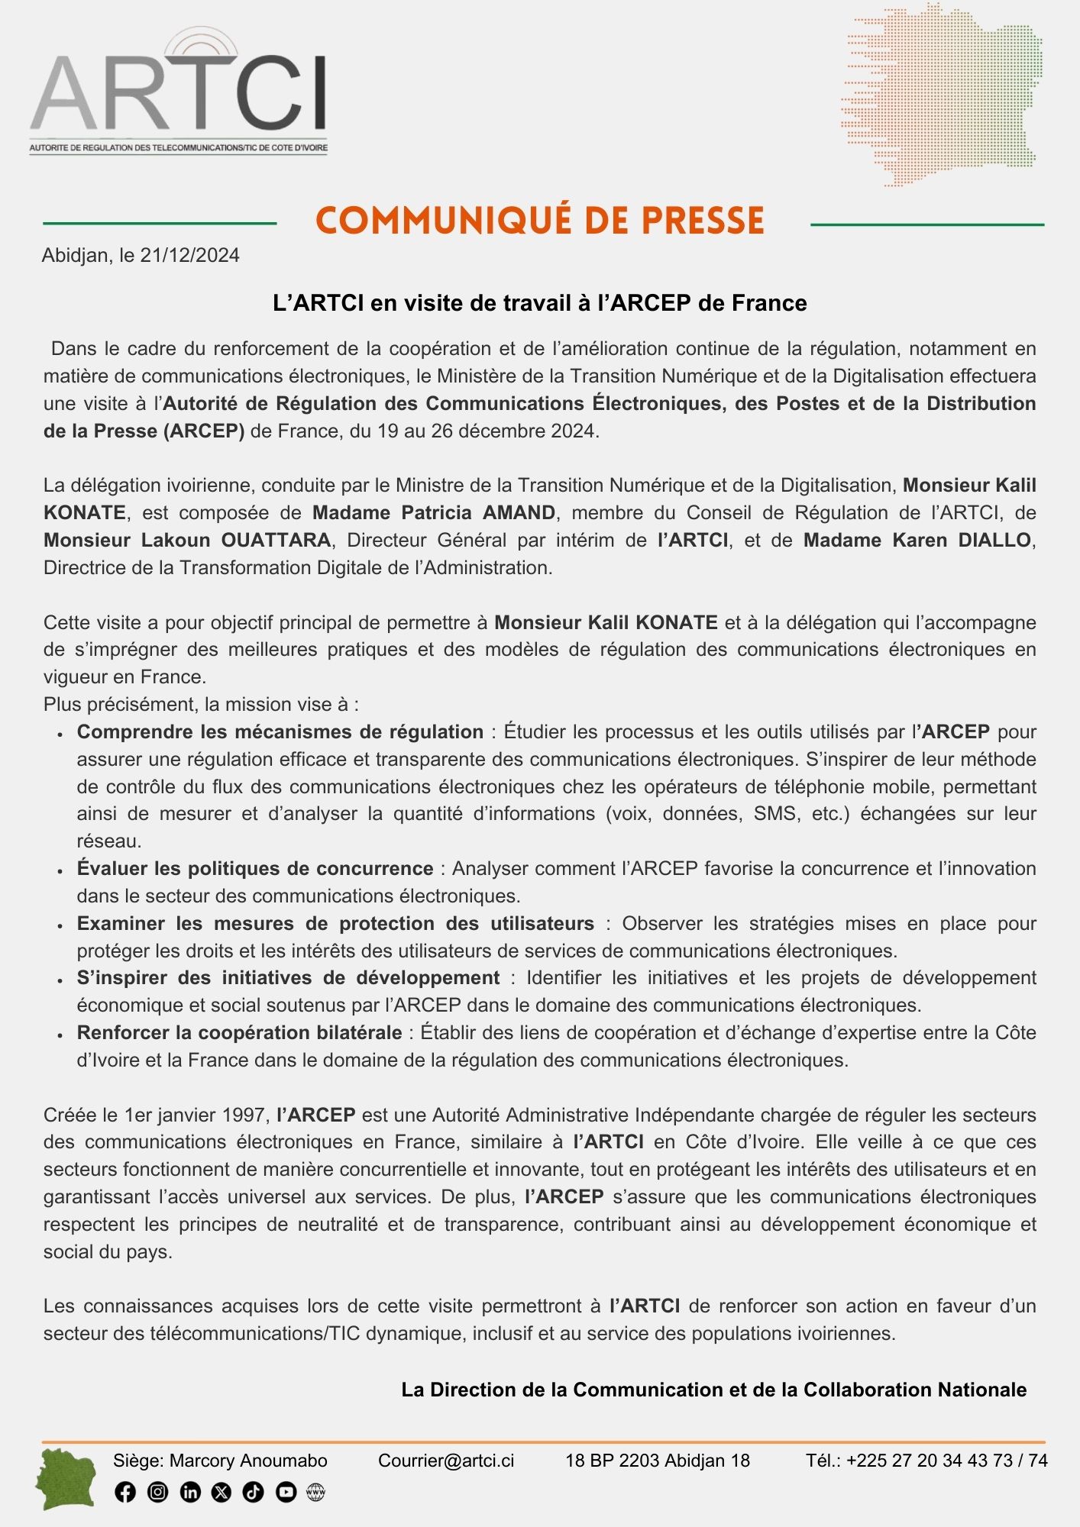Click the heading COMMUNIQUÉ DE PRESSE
click(x=540, y=221)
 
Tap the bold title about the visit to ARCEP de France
click(x=540, y=303)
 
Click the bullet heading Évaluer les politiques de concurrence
click(x=255, y=868)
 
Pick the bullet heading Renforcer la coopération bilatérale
click(x=239, y=1033)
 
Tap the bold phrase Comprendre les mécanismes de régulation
click(x=280, y=731)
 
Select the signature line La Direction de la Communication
click(x=713, y=1390)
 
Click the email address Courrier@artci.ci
click(x=446, y=1461)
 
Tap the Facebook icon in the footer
click(x=125, y=1492)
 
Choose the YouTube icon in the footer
click(x=286, y=1492)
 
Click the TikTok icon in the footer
click(x=253, y=1492)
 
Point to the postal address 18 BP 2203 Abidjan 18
click(x=657, y=1461)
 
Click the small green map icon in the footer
click(x=66, y=1480)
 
